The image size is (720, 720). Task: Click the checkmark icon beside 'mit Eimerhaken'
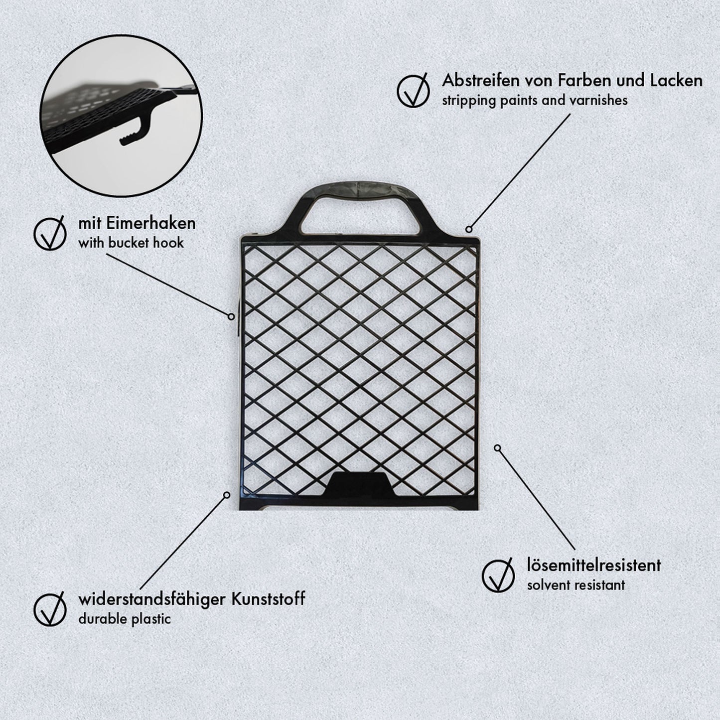coord(50,233)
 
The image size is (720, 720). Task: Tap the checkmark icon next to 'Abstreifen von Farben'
coord(413,90)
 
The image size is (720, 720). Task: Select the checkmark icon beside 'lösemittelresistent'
coord(498,575)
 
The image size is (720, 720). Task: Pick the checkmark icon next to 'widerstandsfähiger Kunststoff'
coord(50,609)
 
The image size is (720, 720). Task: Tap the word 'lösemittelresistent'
coord(594,565)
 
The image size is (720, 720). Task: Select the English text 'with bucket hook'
coord(131,243)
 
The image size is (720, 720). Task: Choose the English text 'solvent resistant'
coord(576,585)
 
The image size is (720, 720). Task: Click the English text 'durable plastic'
coord(125,619)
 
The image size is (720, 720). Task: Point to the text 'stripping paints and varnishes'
coord(535,100)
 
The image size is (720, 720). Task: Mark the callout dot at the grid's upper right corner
coord(468,229)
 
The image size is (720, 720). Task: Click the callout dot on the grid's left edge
coord(231,316)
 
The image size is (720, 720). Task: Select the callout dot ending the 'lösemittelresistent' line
coord(497,448)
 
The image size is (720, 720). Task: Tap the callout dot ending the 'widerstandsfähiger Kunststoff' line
coord(227,495)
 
